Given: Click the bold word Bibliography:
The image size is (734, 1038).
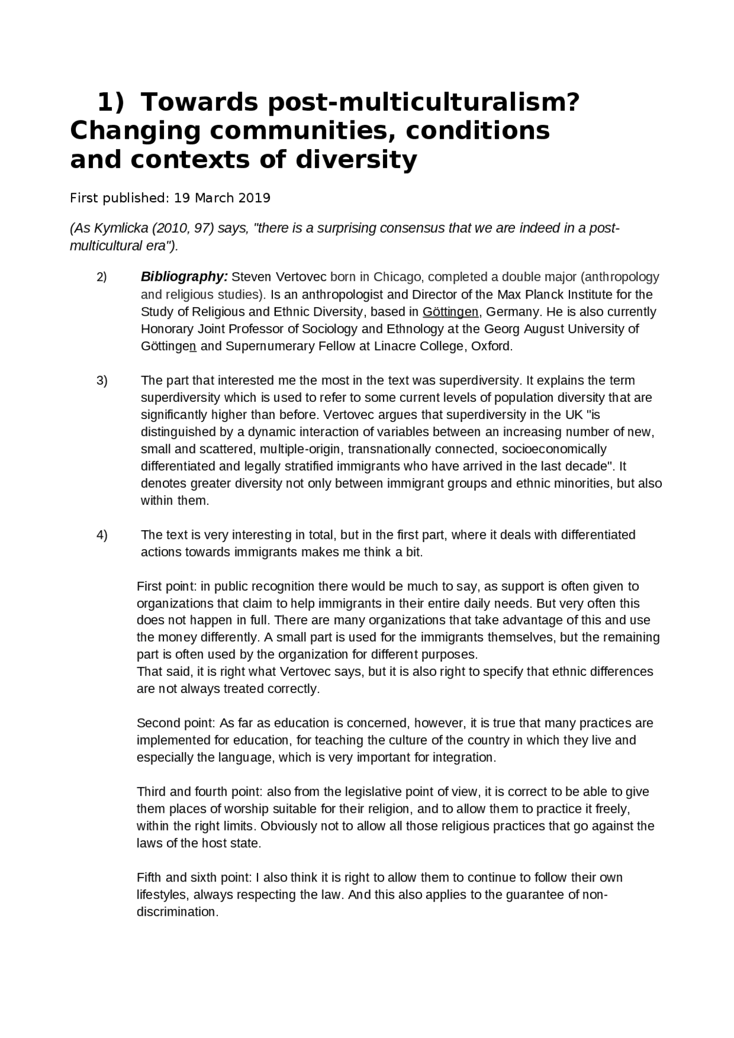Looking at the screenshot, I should tap(184, 277).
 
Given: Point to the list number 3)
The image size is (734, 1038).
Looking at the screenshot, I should tap(101, 381).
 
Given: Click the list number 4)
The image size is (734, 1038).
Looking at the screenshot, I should tap(101, 535).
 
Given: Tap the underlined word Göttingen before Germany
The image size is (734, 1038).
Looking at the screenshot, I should tap(450, 312).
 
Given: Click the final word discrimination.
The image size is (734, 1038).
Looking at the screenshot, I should tap(177, 912).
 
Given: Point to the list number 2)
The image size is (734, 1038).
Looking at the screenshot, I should tap(101, 278).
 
